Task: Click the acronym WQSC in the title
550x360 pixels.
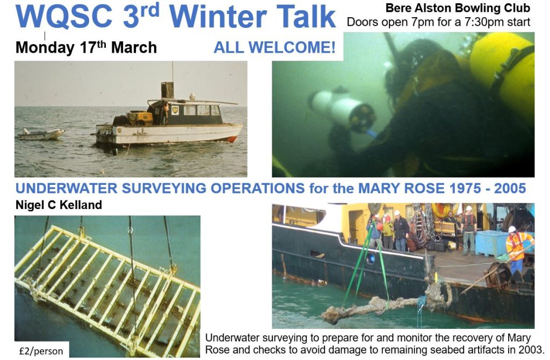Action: coord(63,16)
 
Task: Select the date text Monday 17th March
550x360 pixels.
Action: coord(86,47)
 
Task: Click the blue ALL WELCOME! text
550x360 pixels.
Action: coord(274,47)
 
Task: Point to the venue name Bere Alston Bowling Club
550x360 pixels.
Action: coord(458,8)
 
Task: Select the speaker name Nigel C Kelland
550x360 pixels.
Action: coord(59,205)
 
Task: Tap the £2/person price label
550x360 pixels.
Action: coord(41,351)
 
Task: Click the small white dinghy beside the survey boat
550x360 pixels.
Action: coord(41,134)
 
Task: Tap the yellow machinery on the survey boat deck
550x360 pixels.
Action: coord(139,118)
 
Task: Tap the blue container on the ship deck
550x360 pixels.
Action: coord(491,243)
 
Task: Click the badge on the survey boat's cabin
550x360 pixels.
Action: coord(175,110)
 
